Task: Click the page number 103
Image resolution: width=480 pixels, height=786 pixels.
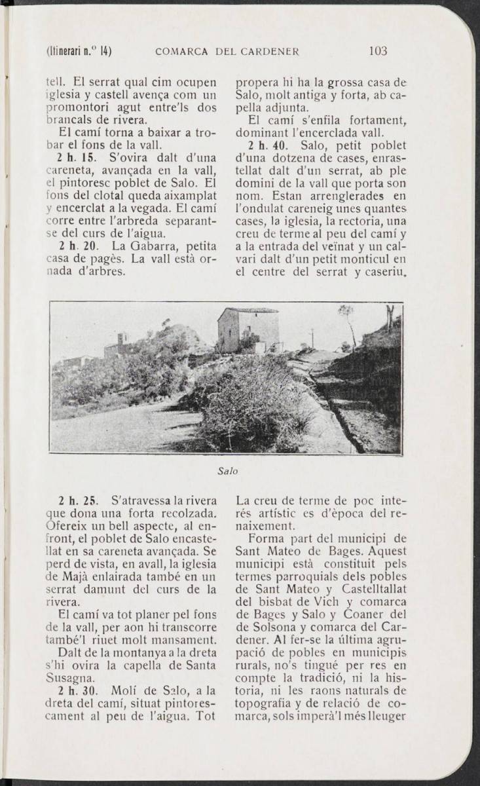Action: pyautogui.click(x=378, y=50)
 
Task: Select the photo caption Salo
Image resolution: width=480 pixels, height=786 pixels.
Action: pyautogui.click(x=226, y=470)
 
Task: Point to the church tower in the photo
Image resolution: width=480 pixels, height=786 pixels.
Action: pyautogui.click(x=121, y=342)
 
